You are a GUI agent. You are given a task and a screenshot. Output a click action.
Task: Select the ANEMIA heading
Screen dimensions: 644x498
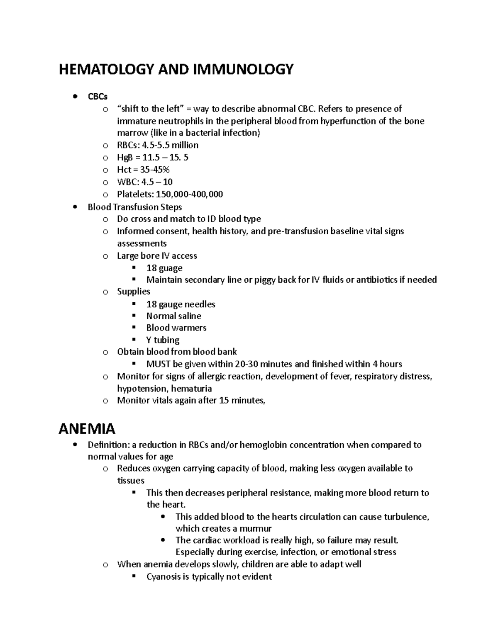click(87, 428)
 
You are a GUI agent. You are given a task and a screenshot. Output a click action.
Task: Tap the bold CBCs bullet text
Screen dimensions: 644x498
click(98, 97)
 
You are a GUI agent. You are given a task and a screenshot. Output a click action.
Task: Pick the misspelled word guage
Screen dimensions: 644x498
click(171, 268)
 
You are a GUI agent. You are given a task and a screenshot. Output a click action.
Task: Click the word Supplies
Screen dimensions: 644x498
click(134, 292)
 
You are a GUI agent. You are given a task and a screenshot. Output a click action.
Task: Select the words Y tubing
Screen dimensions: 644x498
click(163, 340)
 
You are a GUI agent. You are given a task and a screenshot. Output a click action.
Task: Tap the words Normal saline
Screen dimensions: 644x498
click(173, 316)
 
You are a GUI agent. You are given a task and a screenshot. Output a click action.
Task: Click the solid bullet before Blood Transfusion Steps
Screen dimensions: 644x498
click(75, 207)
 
